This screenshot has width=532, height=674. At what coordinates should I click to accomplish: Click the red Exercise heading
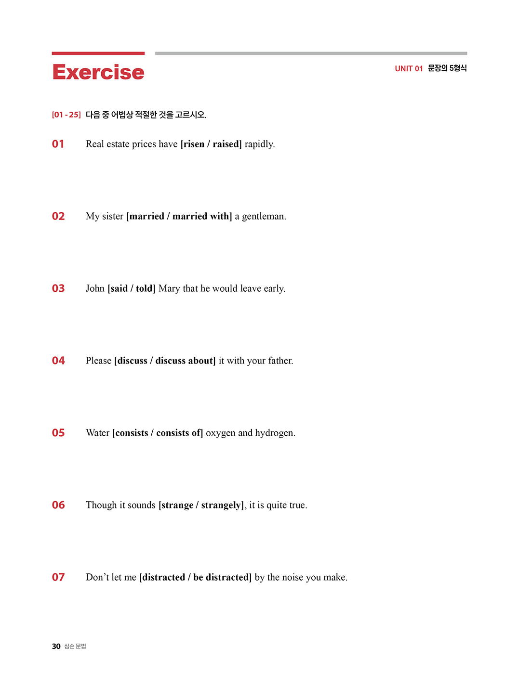[98, 72]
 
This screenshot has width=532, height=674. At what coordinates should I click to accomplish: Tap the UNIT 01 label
[409, 69]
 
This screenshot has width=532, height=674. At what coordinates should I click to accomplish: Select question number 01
[58, 144]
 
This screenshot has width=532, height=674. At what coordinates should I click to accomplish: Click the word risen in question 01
[194, 144]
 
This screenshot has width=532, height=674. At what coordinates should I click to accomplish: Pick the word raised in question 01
[226, 144]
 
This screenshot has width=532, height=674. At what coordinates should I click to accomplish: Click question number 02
[58, 216]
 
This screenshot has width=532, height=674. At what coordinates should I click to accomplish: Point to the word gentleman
[263, 217]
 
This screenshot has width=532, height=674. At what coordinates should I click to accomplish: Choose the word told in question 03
[145, 288]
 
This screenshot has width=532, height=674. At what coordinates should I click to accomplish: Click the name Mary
[169, 288]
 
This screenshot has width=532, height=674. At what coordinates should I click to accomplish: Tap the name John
[95, 288]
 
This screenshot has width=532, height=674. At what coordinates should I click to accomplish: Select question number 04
[58, 361]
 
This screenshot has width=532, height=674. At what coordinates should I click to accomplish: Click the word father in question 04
[280, 361]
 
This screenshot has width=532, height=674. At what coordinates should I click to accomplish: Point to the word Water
[98, 433]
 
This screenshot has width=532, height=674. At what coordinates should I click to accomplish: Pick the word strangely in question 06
[221, 505]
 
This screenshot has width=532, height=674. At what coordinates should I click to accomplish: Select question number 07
[58, 577]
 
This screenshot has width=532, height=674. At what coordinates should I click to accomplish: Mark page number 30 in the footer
[56, 647]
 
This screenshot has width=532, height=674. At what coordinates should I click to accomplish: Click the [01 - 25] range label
[66, 115]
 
